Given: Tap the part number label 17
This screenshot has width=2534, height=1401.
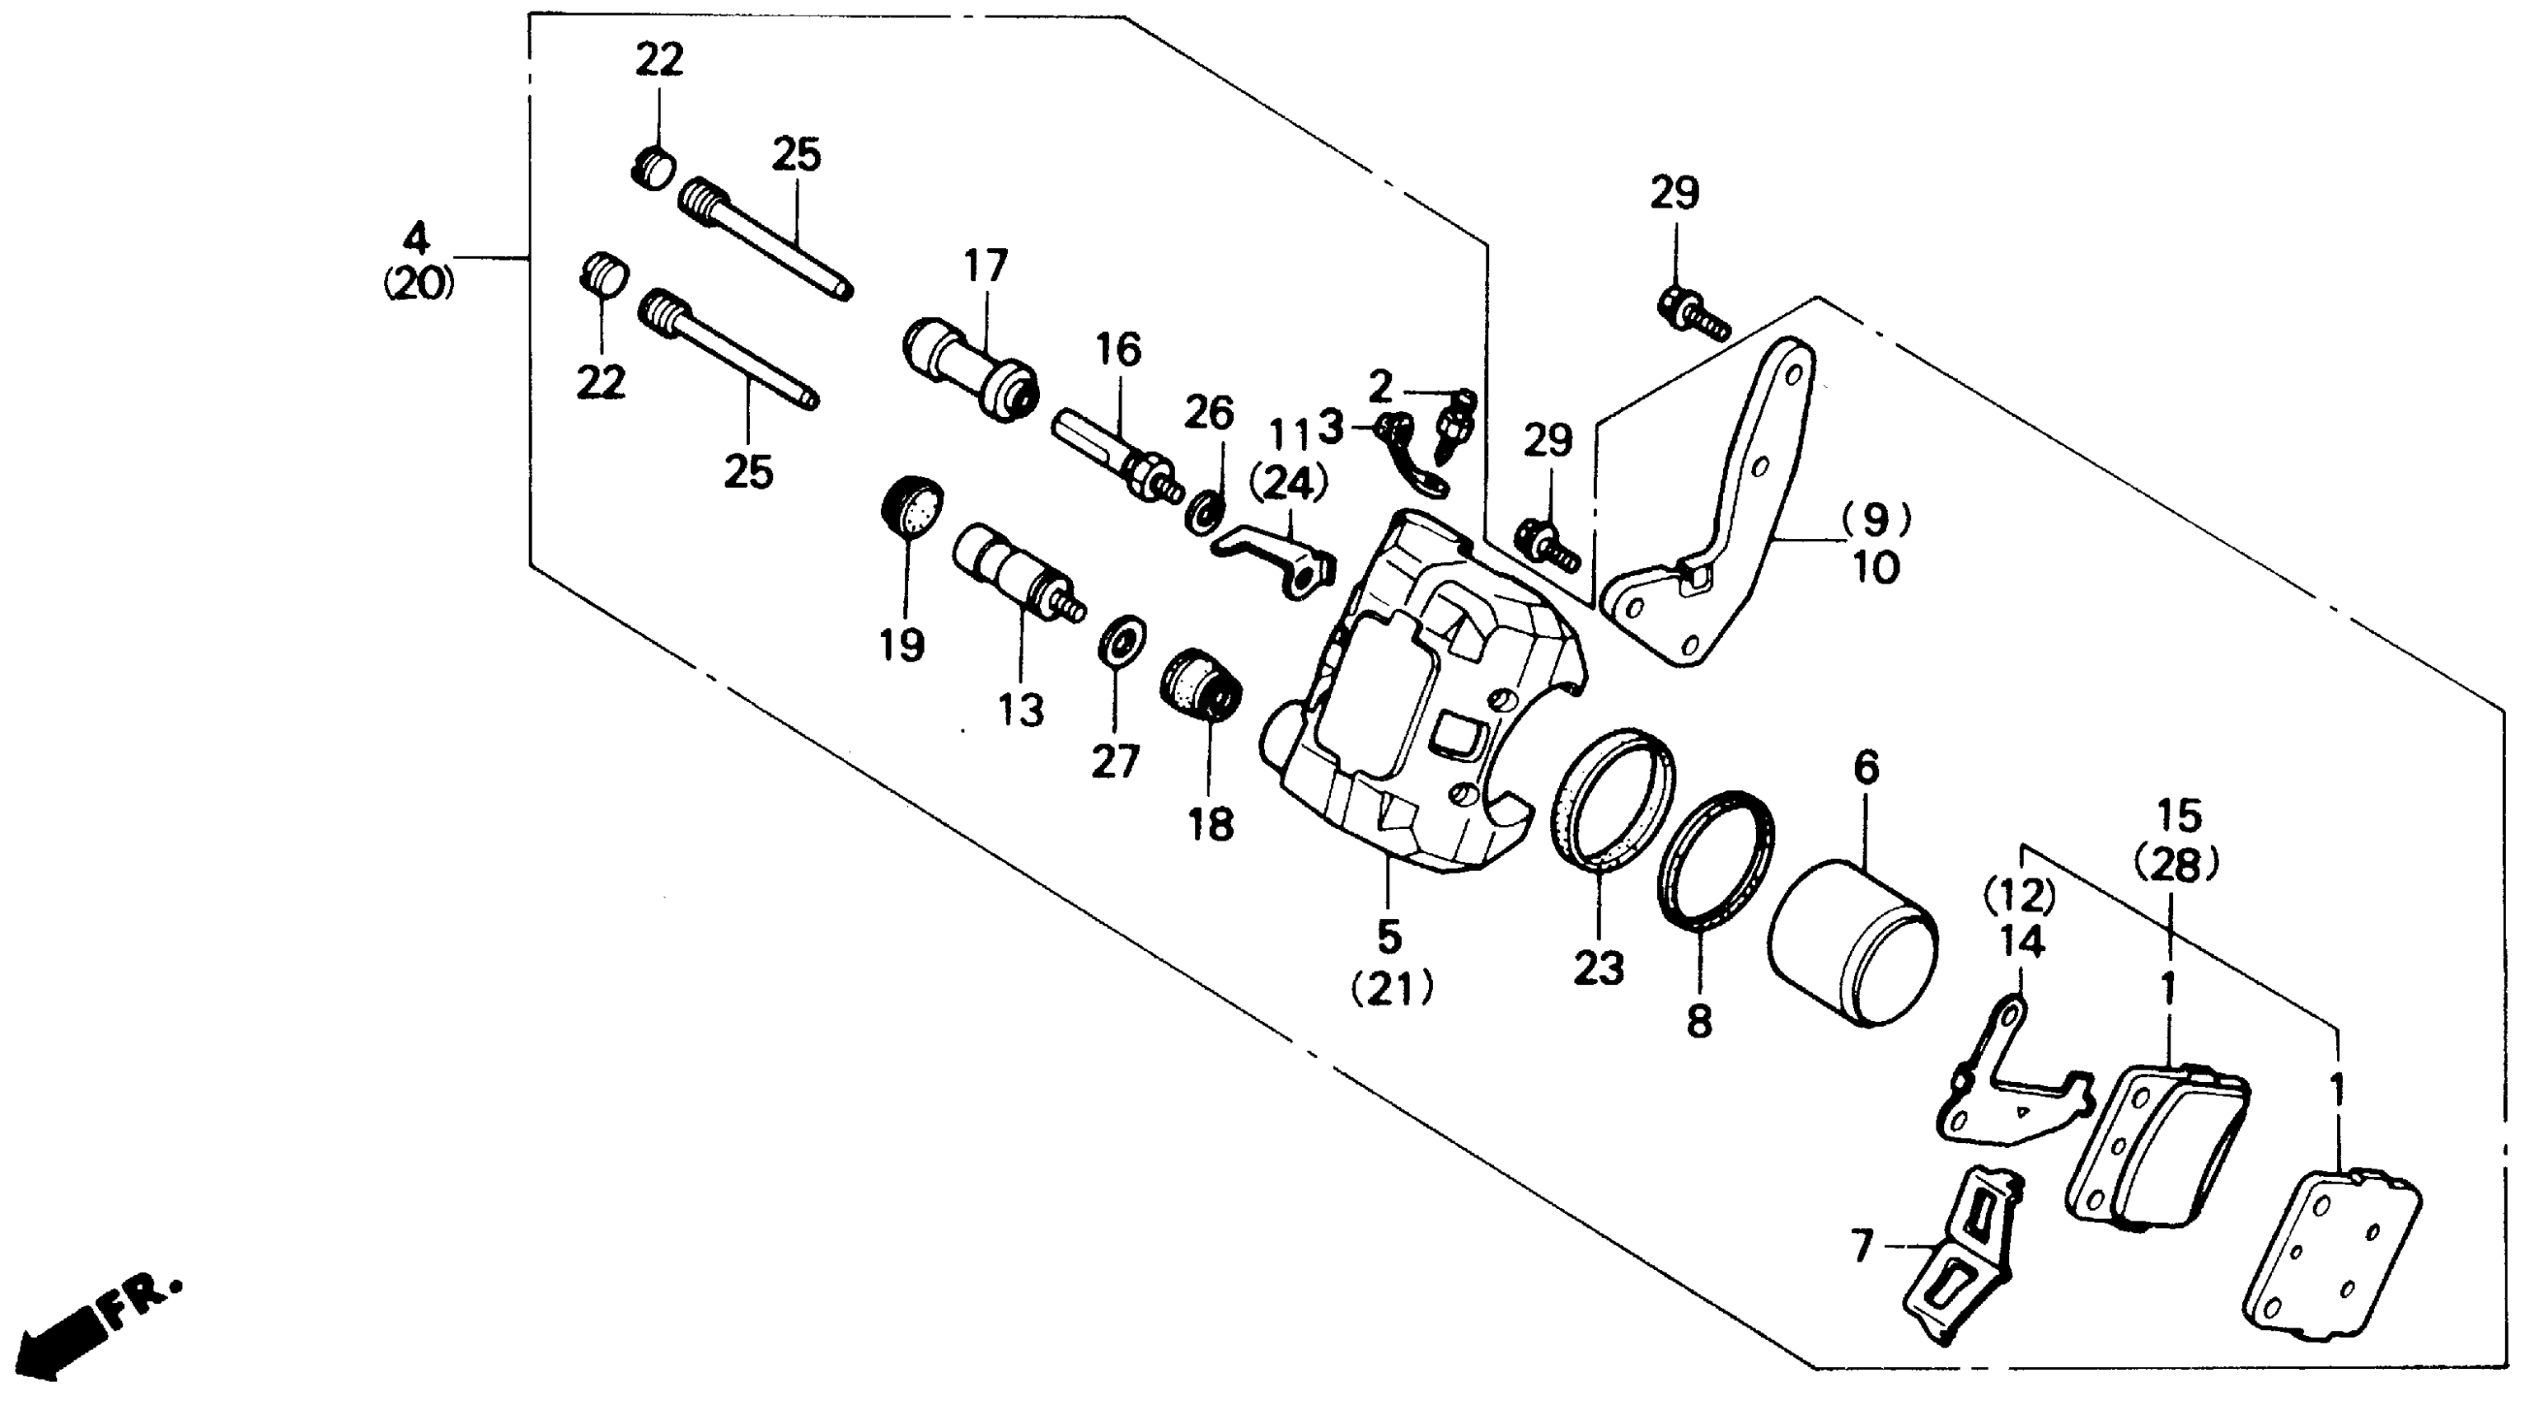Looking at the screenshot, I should (x=986, y=267).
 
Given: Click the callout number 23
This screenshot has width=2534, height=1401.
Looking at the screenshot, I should (x=1598, y=969).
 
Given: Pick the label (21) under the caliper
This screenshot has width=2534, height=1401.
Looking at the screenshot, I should (x=1391, y=989).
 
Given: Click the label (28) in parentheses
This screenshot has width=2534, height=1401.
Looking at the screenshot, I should (x=2177, y=867).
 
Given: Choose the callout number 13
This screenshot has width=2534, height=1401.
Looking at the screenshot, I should (x=1020, y=709).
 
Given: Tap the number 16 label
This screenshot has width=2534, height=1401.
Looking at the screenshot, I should (x=1118, y=350).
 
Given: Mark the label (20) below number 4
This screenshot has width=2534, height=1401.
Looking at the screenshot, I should (x=418, y=285).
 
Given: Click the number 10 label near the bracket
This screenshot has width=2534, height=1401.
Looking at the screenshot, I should (x=1876, y=567).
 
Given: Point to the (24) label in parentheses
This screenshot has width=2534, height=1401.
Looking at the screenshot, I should (x=1288, y=484).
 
